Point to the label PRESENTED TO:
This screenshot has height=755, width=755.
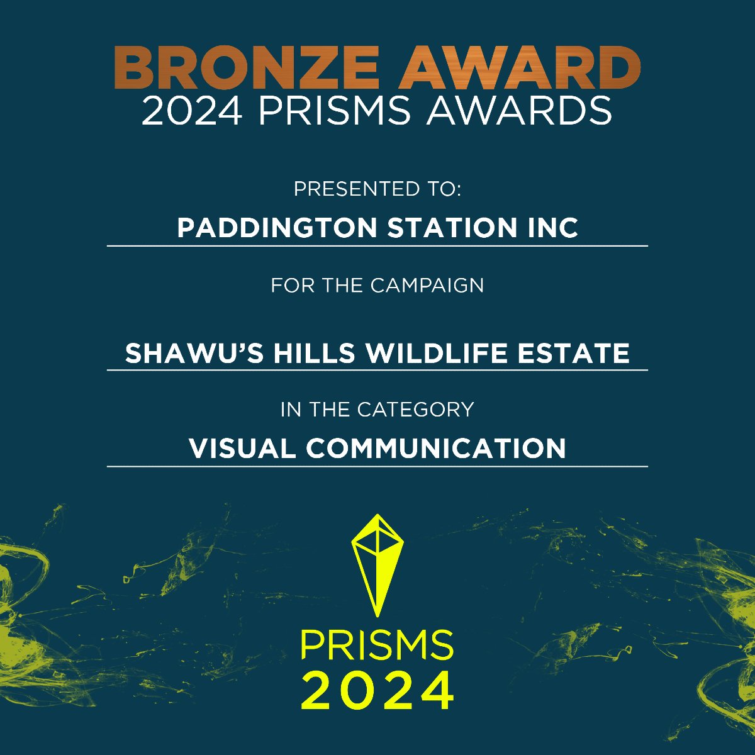[377, 189]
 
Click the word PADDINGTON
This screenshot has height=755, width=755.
[277, 228]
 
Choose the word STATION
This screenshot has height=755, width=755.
[449, 228]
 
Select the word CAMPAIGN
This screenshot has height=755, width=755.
[427, 285]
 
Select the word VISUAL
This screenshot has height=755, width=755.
[242, 449]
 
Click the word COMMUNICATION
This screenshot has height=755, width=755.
[436, 449]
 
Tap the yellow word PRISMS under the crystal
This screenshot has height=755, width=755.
[377, 645]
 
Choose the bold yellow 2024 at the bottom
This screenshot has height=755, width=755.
[377, 690]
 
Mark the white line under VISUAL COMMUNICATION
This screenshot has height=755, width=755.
[377, 466]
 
